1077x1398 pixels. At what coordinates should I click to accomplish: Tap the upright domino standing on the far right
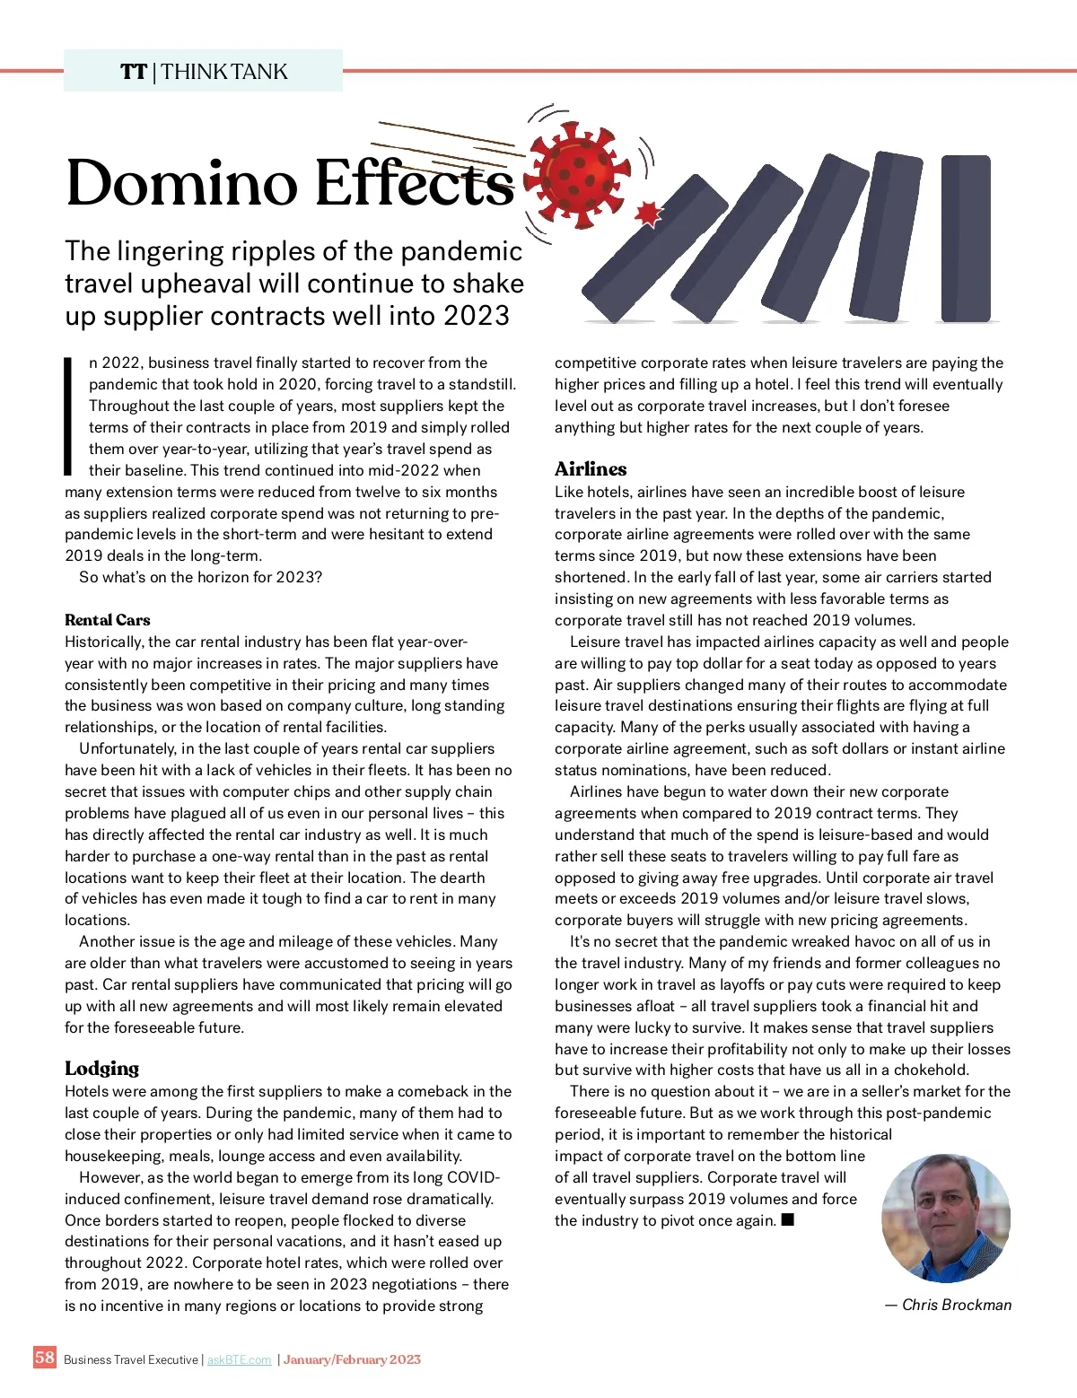point(966,238)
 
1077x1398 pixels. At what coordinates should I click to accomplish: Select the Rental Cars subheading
point(108,620)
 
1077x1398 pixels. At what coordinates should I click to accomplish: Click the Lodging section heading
point(102,1068)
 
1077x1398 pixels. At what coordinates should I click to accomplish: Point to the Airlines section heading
point(591,469)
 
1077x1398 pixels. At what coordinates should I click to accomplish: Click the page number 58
point(45,1357)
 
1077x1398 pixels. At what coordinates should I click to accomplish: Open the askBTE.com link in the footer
point(239,1359)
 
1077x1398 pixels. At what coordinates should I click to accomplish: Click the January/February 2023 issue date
point(352,1359)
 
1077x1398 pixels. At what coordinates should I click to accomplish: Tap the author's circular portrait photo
point(946,1218)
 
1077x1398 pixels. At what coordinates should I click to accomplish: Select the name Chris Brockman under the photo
point(956,1305)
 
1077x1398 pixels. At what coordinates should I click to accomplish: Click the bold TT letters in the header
point(134,72)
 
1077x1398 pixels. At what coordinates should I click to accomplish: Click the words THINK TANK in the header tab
point(224,72)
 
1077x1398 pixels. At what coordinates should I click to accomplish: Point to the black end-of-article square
point(788,1219)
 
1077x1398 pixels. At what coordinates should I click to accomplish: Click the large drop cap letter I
point(68,415)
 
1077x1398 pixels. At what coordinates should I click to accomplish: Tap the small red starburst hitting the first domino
point(648,214)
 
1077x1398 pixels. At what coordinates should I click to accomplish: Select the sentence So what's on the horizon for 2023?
point(200,577)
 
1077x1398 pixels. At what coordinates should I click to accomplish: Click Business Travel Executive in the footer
point(131,1359)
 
